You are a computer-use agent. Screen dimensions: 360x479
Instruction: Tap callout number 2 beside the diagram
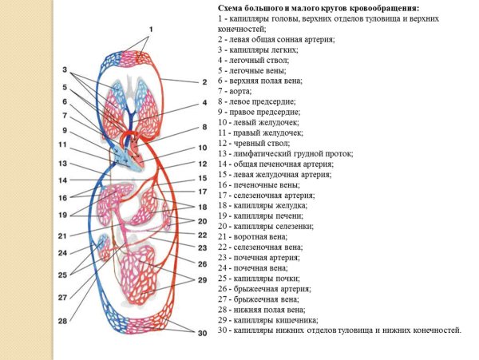pyautogui.click(x=203, y=81)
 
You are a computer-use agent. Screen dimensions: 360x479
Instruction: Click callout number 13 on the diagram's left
pyautogui.click(x=62, y=163)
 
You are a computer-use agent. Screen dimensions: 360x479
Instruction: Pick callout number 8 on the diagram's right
pyautogui.click(x=203, y=127)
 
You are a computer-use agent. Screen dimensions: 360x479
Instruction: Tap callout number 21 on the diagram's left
pyautogui.click(x=62, y=235)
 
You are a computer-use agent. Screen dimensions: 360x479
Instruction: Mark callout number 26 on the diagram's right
pyautogui.click(x=203, y=264)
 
